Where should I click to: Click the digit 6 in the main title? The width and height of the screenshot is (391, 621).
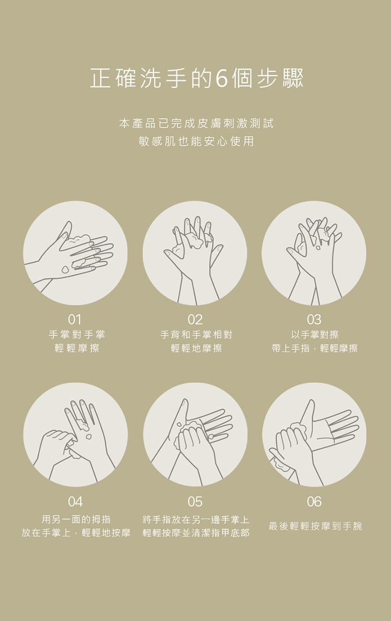(x=222, y=78)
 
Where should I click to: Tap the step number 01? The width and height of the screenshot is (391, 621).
(x=75, y=320)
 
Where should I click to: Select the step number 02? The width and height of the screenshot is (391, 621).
(x=195, y=320)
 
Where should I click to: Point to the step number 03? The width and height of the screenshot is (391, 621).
(x=314, y=320)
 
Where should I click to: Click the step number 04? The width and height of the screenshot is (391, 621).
(x=75, y=502)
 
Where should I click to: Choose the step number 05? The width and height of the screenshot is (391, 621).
(x=195, y=502)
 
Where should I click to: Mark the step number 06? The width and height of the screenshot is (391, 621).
(x=314, y=502)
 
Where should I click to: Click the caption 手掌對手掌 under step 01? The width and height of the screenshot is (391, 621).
(x=77, y=335)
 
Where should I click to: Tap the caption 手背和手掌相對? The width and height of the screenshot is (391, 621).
(x=196, y=335)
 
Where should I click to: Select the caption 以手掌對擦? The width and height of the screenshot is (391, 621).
(x=315, y=335)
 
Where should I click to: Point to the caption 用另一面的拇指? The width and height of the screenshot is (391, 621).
(x=76, y=519)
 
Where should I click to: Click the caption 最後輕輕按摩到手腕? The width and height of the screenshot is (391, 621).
(x=315, y=526)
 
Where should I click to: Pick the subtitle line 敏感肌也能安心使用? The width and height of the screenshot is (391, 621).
(x=196, y=141)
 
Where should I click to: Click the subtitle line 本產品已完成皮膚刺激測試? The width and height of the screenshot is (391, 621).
(x=196, y=123)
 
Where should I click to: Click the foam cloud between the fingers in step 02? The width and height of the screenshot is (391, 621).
(x=195, y=241)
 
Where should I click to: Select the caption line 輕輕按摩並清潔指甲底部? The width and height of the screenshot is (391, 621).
(x=196, y=533)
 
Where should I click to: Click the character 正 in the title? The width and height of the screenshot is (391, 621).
(x=100, y=78)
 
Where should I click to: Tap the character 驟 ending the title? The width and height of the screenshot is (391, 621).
(x=293, y=78)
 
